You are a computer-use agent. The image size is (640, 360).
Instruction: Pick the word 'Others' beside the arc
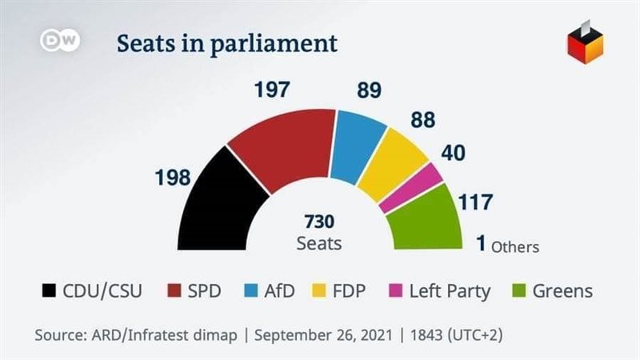pyautogui.click(x=515, y=246)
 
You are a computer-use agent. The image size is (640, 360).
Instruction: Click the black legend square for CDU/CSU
pyautogui.click(x=47, y=290)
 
